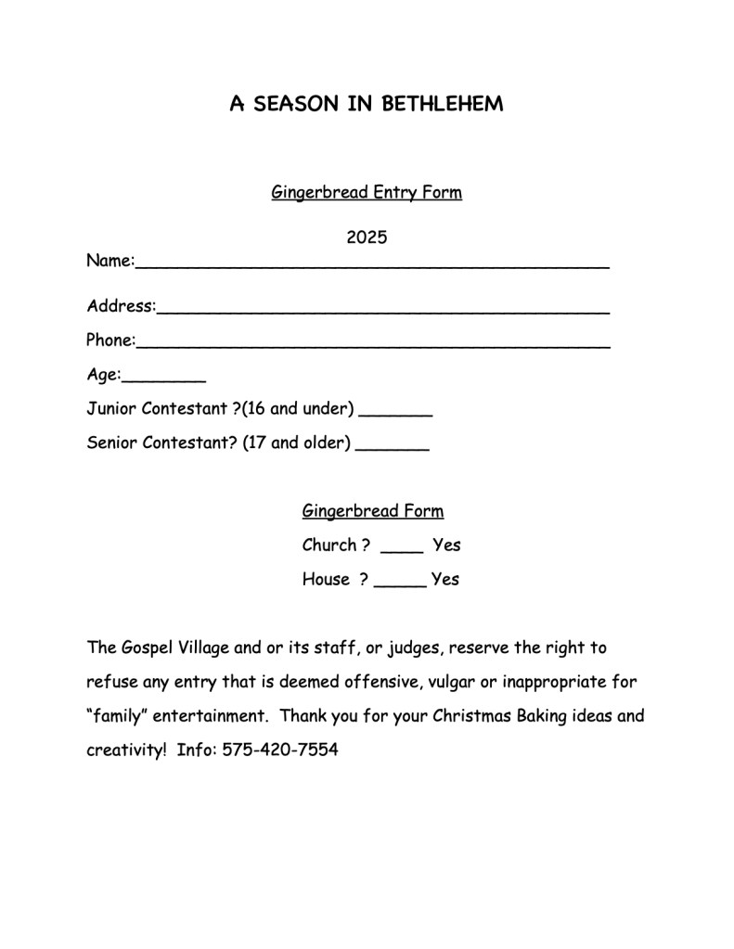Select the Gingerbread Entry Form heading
coord(367,193)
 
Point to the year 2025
coord(367,237)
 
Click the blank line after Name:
coord(372,264)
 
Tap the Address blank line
coord(382,310)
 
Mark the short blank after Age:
coord(163,378)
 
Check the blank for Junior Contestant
coord(395,413)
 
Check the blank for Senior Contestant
coord(392,447)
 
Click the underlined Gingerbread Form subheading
coord(373,511)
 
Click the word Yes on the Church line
coord(446,545)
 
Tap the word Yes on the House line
coord(445,580)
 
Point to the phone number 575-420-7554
coord(280,750)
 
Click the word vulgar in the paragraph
coord(452,682)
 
